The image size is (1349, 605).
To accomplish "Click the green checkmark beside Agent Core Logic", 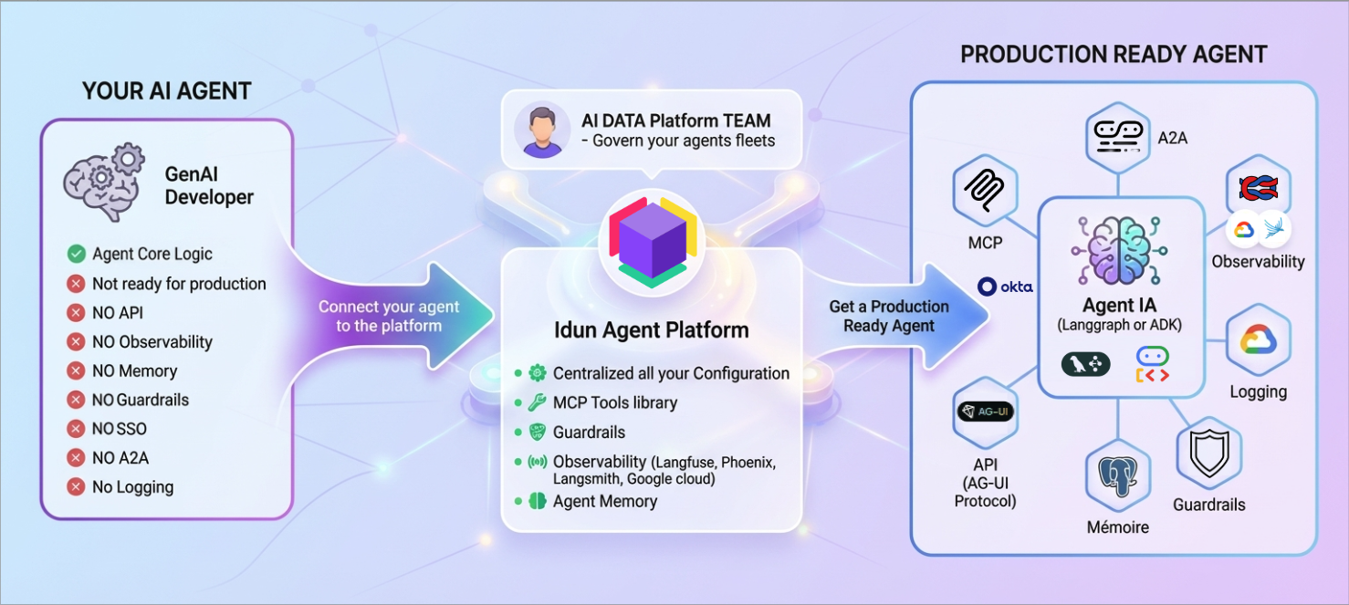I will [x=77, y=255].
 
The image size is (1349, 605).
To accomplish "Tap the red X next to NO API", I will [x=77, y=313].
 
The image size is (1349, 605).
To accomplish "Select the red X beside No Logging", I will [x=77, y=487].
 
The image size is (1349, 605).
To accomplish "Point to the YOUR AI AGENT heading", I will [x=167, y=91].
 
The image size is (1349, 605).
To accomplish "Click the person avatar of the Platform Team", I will [x=541, y=130].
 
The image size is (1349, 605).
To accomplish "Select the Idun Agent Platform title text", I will [x=652, y=330].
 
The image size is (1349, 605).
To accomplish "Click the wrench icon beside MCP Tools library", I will [x=537, y=402].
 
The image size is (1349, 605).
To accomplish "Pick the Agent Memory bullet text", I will [x=604, y=501].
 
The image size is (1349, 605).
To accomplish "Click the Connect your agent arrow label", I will [x=389, y=316].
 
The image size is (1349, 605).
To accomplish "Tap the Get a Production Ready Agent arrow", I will [x=889, y=316].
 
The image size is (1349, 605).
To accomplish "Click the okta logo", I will [x=1005, y=287].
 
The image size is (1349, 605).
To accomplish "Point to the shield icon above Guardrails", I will [x=1209, y=454].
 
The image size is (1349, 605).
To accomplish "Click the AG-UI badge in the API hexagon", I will [x=985, y=412].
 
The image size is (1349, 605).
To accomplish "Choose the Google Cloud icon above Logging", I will [x=1259, y=341].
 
